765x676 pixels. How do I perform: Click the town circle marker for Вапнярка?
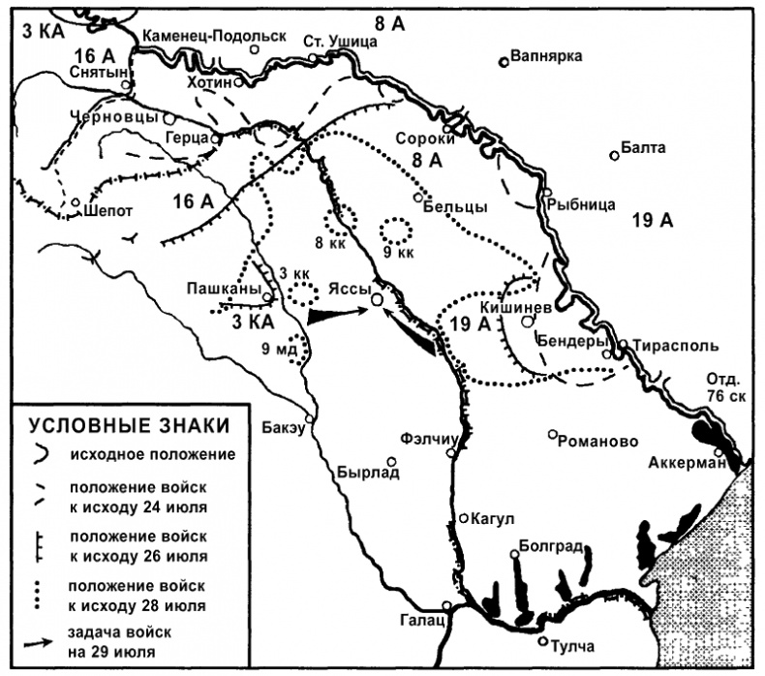click(x=504, y=62)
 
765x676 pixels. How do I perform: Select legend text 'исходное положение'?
click(x=152, y=452)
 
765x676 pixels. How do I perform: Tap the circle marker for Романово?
click(x=552, y=435)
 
